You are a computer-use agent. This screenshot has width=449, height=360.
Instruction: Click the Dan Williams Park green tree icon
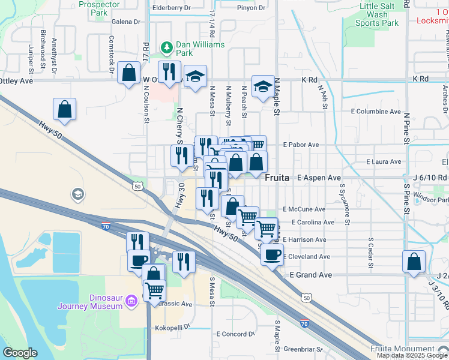[x=166, y=46]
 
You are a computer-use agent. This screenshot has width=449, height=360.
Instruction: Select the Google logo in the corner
[x=20, y=352]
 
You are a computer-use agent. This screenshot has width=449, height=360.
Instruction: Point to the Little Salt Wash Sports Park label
[x=376, y=14]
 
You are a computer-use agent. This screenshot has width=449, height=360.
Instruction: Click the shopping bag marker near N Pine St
[x=414, y=262]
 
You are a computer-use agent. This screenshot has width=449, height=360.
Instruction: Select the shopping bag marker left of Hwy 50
[x=65, y=109]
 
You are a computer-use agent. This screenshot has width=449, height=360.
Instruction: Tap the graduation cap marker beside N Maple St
[x=262, y=87]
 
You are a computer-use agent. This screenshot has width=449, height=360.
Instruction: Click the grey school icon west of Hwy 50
[x=77, y=194]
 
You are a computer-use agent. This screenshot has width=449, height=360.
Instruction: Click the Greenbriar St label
[x=303, y=349]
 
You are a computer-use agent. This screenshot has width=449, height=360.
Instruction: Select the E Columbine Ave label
[x=376, y=112]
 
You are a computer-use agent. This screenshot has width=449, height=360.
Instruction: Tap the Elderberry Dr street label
[x=171, y=8]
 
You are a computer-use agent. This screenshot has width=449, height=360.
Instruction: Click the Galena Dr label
[x=125, y=21]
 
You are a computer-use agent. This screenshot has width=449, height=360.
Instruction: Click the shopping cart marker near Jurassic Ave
[x=154, y=290]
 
